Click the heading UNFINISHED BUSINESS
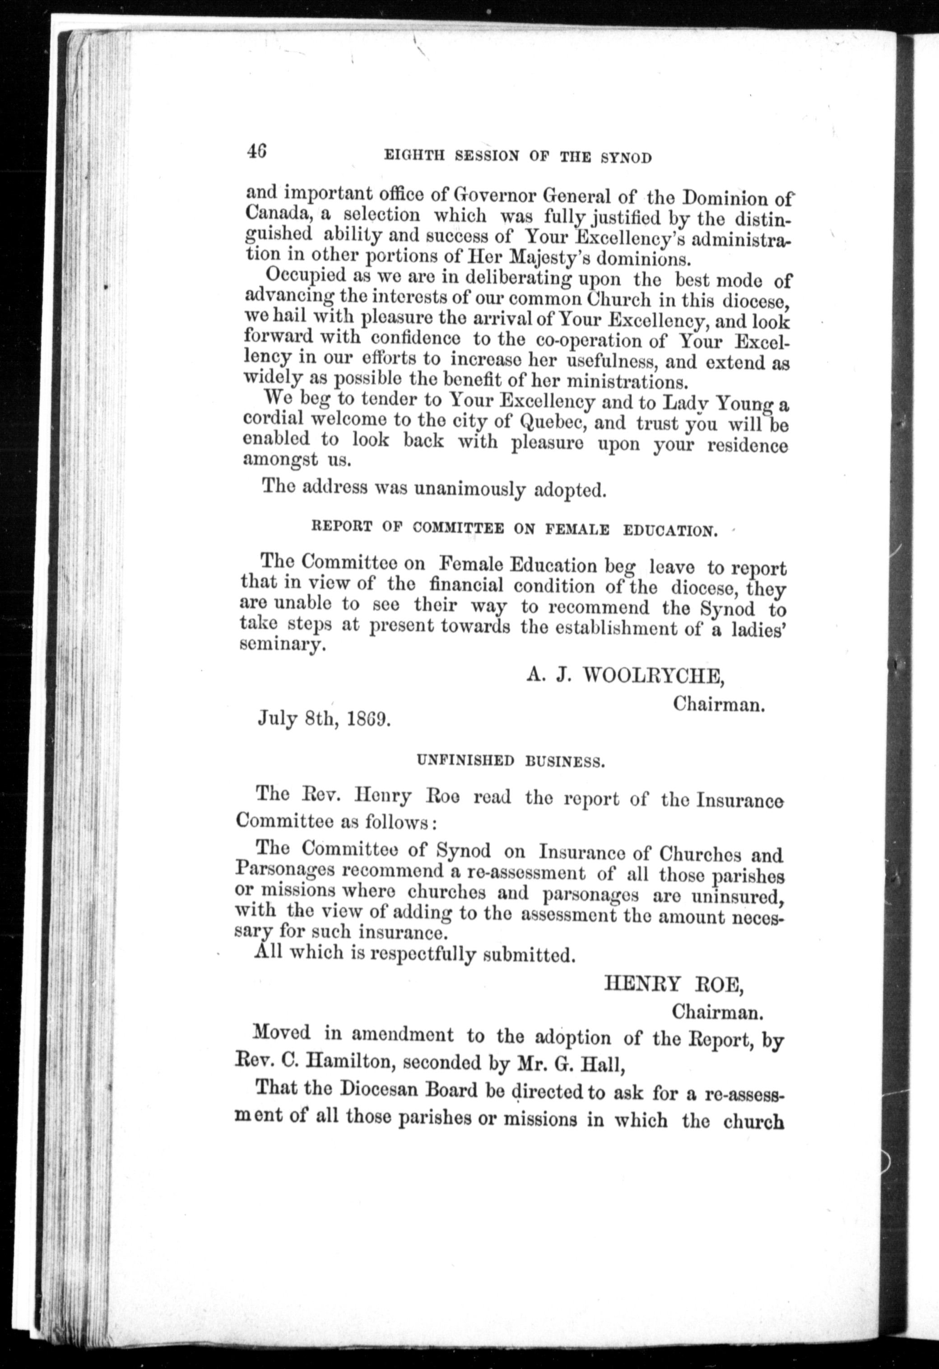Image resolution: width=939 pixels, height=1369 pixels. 510,762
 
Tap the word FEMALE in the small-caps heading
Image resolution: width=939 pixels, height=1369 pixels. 570,530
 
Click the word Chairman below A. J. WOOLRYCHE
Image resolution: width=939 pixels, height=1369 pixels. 719,704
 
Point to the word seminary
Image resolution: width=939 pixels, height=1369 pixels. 282,646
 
